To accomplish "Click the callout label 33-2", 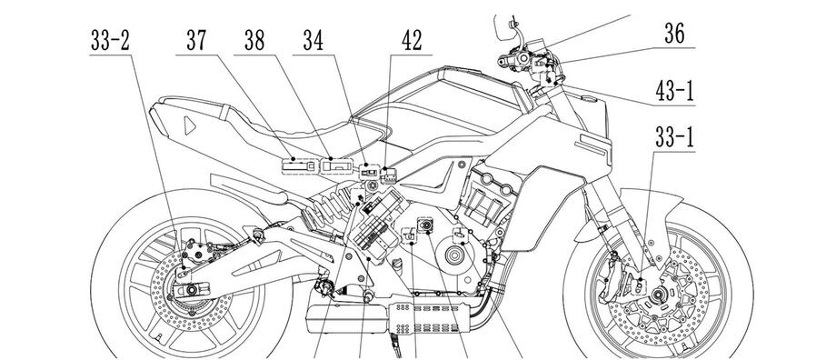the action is click(x=110, y=41).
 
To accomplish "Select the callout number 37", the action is click(x=196, y=41).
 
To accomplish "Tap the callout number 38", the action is click(x=254, y=41).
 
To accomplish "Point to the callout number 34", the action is click(x=313, y=41).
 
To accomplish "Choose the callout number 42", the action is click(x=412, y=41).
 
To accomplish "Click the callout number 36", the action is click(x=674, y=35).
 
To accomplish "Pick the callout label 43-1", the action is click(x=674, y=91).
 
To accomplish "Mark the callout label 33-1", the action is click(x=674, y=138).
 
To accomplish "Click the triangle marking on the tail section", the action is click(x=189, y=125).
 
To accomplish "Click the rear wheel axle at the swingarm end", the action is click(x=190, y=291).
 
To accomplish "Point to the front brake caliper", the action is click(x=611, y=280).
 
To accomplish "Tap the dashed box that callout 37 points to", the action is click(x=297, y=165).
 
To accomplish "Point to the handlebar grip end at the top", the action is click(x=503, y=62).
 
